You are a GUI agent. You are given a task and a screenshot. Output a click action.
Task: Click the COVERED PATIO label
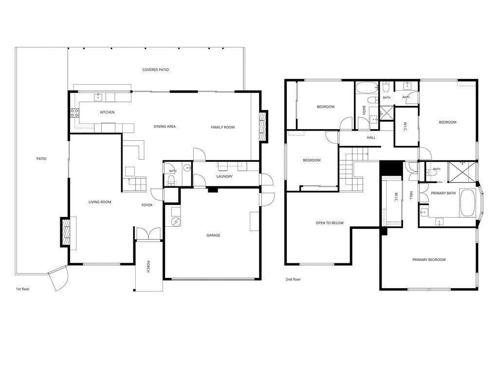[155, 70]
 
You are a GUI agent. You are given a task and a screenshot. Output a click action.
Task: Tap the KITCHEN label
[107, 112]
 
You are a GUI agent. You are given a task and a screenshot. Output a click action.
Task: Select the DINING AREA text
[165, 127]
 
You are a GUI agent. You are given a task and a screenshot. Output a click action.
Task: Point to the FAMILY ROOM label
[222, 127]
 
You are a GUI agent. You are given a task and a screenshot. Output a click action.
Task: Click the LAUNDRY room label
[224, 177]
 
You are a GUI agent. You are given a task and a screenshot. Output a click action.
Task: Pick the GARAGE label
[213, 236]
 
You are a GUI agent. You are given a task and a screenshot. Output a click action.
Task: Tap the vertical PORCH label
[148, 267]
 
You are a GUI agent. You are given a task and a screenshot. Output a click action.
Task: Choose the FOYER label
[147, 205]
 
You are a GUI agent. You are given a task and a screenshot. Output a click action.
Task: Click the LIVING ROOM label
[100, 202]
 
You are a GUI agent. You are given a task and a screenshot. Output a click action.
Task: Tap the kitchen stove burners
[74, 113]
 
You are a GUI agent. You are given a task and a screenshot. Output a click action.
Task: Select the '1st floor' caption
[22, 289]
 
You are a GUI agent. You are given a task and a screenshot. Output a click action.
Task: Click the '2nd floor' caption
[293, 279]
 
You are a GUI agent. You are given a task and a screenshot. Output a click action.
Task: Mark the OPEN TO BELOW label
[330, 223]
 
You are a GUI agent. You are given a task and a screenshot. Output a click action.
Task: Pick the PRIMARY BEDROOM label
[429, 260]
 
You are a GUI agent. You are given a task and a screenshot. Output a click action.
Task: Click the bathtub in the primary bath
[467, 203]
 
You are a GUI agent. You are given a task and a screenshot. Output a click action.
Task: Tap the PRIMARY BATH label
[443, 193]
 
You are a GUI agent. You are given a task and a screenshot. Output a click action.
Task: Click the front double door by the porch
[148, 234]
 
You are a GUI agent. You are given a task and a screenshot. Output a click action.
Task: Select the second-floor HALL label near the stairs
[371, 138]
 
